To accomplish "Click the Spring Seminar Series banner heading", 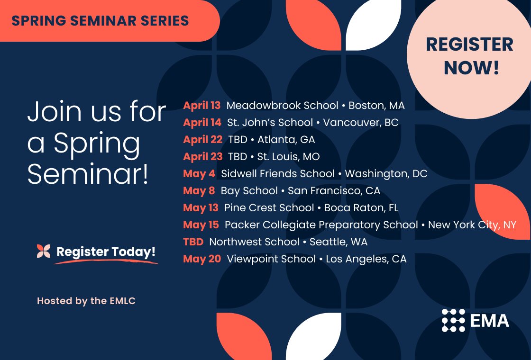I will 100,21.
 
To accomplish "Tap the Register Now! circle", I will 469,56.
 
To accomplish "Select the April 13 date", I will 202,106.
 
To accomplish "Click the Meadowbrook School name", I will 283,106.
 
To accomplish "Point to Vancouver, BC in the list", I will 361,123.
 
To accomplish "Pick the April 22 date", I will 202,140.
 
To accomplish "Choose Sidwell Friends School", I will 278,174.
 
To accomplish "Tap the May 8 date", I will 199,191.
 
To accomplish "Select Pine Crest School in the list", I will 269,208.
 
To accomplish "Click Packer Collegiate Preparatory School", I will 321,225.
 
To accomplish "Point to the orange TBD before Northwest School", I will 193,242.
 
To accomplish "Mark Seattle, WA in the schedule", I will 339,242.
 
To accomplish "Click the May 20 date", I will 202,259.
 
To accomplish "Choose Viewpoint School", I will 271,259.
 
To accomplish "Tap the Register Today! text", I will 106,252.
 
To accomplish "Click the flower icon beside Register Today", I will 44,251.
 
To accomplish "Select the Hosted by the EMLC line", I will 86,301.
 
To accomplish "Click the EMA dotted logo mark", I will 453,320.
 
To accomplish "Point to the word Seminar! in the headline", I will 88,175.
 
